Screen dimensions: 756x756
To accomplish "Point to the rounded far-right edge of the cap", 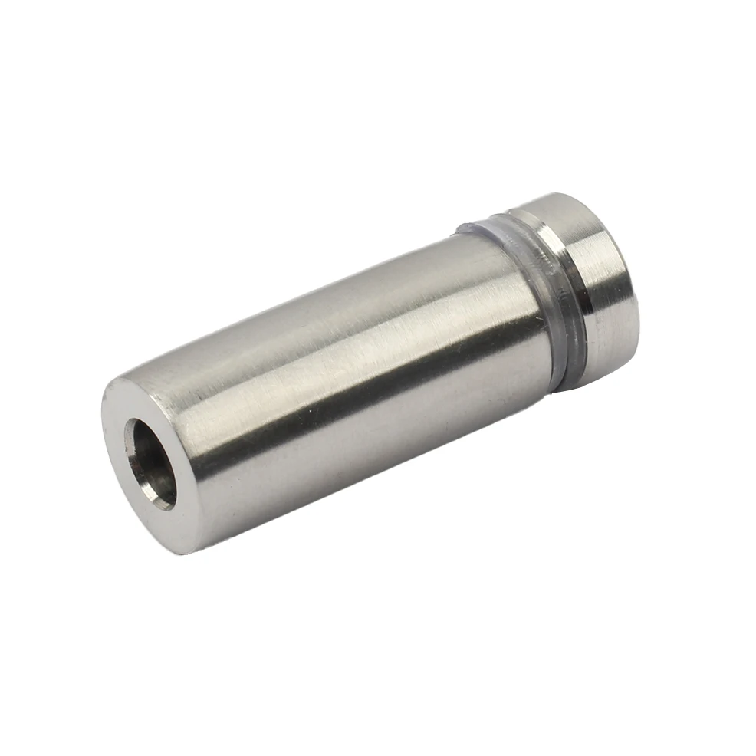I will [x=633, y=307].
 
